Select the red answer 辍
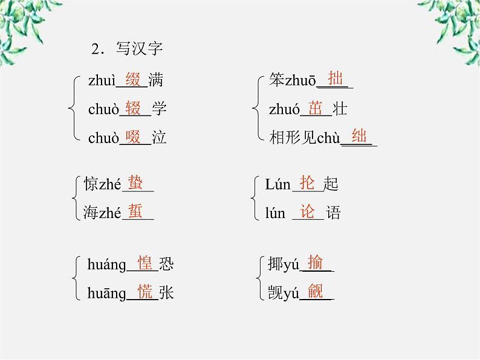click(133, 108)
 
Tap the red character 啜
click(133, 137)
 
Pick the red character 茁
click(316, 108)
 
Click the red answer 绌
click(359, 137)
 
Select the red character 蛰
click(135, 182)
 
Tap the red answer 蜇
click(135, 211)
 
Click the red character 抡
click(308, 182)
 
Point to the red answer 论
click(308, 211)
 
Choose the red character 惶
click(145, 263)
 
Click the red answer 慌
click(145, 293)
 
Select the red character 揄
click(316, 263)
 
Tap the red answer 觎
click(316, 292)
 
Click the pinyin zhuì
click(101, 80)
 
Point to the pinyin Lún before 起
click(277, 184)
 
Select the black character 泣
click(159, 138)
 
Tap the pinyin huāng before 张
click(106, 294)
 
